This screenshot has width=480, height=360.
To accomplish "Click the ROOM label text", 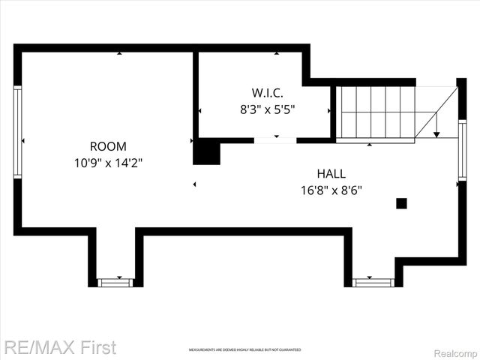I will (x=108, y=146).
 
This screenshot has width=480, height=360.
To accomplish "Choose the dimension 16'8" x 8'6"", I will (x=331, y=190).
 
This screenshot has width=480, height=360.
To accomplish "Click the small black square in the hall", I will (x=401, y=202).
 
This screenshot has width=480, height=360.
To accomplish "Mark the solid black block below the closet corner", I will (x=207, y=153).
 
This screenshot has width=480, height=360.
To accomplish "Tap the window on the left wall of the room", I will (x=17, y=132).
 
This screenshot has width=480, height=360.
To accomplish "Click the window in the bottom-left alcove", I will (x=115, y=283).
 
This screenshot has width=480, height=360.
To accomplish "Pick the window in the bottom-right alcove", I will (x=373, y=283).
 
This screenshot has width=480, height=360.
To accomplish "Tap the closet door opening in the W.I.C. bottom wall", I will (x=275, y=140).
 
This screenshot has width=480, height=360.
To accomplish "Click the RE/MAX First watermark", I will (x=60, y=347).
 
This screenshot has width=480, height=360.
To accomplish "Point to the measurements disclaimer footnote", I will (x=244, y=350).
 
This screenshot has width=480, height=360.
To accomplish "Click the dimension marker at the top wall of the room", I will (x=118, y=53).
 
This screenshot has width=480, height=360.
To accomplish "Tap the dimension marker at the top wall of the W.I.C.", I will (x=276, y=53).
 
